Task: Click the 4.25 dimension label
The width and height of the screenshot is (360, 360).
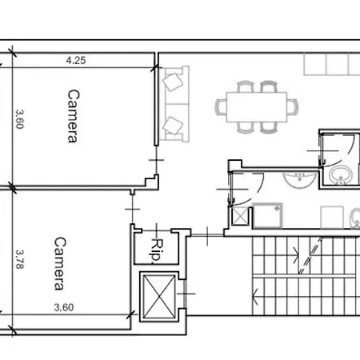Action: coord(76,60)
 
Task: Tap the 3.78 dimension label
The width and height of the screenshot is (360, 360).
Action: coord(20,259)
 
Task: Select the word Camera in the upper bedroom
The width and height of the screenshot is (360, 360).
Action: coord(74,116)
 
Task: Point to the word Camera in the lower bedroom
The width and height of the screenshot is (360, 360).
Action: coord(60,263)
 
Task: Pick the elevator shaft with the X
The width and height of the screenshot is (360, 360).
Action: coord(159,296)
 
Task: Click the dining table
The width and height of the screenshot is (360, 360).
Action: coord(257,107)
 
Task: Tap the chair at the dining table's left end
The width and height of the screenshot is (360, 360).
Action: coord(221,107)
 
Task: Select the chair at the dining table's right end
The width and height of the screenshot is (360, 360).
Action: coord(293,107)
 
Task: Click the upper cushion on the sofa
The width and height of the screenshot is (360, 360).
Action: coord(173,82)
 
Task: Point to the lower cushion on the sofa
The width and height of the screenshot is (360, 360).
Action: coord(173,126)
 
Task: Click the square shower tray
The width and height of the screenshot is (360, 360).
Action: coord(267,216)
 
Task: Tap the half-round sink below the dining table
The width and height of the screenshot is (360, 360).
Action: coord(300,180)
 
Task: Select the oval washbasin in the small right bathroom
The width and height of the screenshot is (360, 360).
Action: coord(341,174)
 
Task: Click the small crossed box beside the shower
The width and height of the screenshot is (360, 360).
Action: coord(240,216)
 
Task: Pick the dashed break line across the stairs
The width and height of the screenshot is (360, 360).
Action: coord(310,255)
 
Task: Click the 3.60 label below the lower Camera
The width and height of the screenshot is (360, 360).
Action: coord(64,307)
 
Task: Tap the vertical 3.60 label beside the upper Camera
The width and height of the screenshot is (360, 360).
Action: coord(20,119)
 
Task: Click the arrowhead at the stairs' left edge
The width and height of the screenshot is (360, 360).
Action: coord(255,296)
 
